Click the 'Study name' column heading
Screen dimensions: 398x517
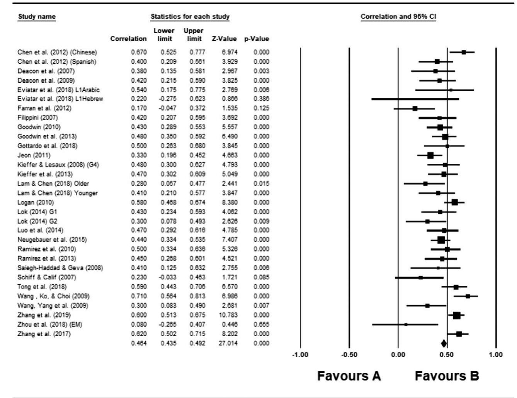click(x=37, y=17)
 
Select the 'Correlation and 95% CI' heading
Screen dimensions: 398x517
click(x=398, y=17)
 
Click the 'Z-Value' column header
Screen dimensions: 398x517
click(x=224, y=39)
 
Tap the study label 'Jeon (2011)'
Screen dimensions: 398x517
click(x=34, y=155)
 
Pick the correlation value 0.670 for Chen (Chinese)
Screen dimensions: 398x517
click(x=139, y=52)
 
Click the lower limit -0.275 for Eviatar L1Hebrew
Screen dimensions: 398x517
click(x=168, y=99)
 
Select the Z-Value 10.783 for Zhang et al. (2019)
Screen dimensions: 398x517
click(x=228, y=315)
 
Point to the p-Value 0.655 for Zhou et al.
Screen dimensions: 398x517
click(x=261, y=325)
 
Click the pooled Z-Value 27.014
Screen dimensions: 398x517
click(x=228, y=343)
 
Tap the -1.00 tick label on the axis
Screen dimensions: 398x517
click(x=300, y=355)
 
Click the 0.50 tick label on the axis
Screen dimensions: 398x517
click(x=447, y=355)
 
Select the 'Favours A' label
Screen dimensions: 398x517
click(x=349, y=376)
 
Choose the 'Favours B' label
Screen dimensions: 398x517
click(x=447, y=376)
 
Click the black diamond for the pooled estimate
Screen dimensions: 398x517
click(x=444, y=344)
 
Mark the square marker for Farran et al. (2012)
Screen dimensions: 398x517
click(x=415, y=109)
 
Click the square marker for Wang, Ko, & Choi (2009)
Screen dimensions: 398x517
click(x=468, y=296)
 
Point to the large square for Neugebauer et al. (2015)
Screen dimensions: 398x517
click(x=441, y=240)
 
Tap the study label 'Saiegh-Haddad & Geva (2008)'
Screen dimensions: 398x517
click(x=60, y=268)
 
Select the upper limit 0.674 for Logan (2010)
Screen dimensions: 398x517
click(x=197, y=202)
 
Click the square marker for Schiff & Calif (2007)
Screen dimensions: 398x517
click(x=420, y=277)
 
